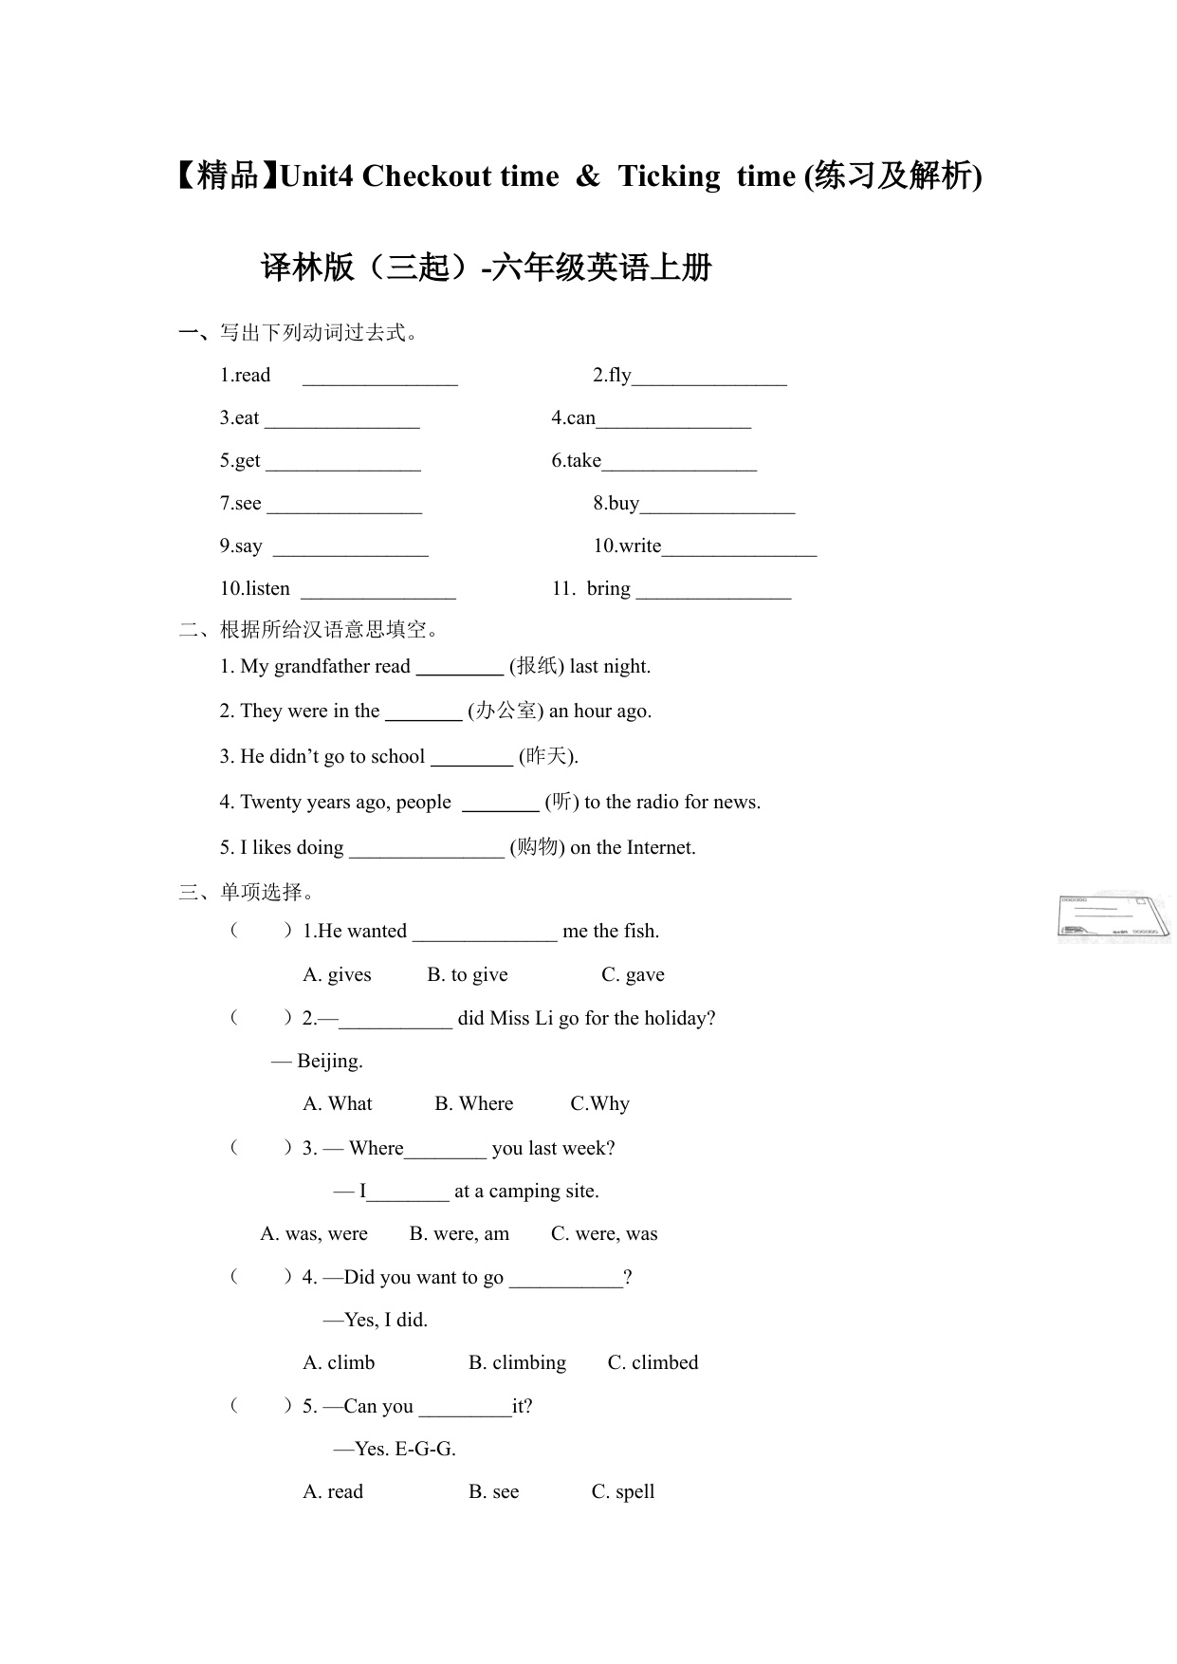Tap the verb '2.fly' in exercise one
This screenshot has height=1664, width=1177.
(x=612, y=376)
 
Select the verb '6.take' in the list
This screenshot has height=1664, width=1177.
(x=577, y=461)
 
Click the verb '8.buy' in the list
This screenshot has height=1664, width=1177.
(x=616, y=504)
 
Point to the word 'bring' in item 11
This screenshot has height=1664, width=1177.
(x=608, y=589)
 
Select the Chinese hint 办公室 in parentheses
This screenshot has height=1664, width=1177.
(x=506, y=712)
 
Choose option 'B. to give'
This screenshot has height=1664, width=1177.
(x=468, y=975)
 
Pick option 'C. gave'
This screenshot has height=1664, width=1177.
(x=633, y=975)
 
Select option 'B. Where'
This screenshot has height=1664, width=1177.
(x=473, y=1104)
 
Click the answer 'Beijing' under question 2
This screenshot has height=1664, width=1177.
(x=329, y=1062)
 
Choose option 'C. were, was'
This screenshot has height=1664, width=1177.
(x=604, y=1234)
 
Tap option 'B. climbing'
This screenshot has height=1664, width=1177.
(x=517, y=1363)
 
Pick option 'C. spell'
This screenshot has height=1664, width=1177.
(x=623, y=1492)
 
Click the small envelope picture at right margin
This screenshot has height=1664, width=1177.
(x=1113, y=917)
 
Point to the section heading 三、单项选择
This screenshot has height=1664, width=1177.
(x=247, y=893)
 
